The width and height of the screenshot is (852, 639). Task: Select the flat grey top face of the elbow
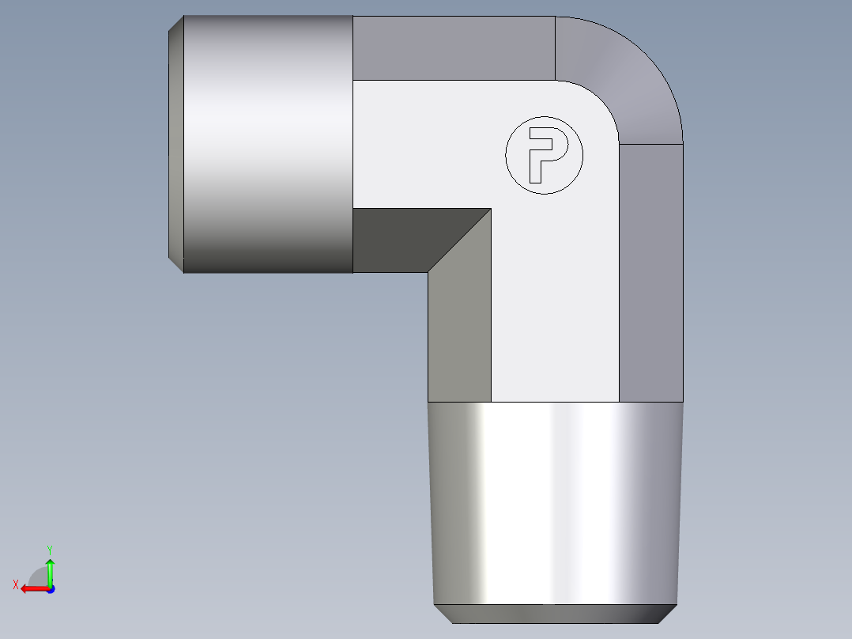point(454,47)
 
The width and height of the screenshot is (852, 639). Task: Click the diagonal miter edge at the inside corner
point(459,240)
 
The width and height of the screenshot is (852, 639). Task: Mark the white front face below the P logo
point(553,316)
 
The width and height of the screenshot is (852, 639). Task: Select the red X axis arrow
point(32,588)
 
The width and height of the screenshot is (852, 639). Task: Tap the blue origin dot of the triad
point(50,588)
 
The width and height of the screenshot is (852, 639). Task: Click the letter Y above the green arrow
point(49,549)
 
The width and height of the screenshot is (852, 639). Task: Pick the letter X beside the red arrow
point(15,584)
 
